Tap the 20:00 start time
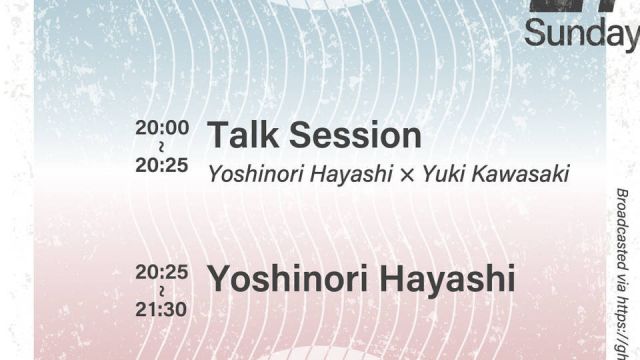(162, 128)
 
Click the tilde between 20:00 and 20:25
(162, 147)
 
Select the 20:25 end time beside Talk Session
(162, 165)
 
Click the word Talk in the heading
(239, 135)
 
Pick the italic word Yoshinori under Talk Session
(248, 174)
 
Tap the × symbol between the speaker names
(407, 175)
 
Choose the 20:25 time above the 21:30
(162, 271)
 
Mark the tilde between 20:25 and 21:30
(162, 290)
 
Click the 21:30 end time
(162, 309)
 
